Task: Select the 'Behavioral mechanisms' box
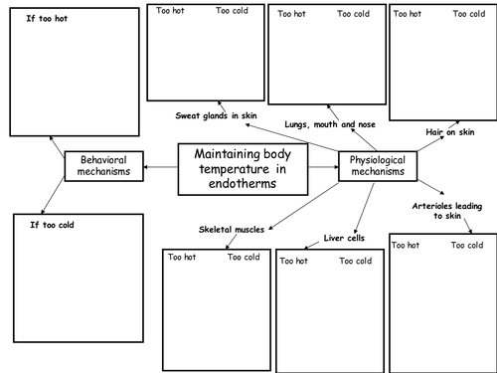pos(104,166)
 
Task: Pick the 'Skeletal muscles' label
pos(232,229)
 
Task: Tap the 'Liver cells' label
pos(345,238)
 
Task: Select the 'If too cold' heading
pos(53,225)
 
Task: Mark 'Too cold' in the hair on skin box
pos(469,14)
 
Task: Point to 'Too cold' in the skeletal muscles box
pos(245,258)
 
